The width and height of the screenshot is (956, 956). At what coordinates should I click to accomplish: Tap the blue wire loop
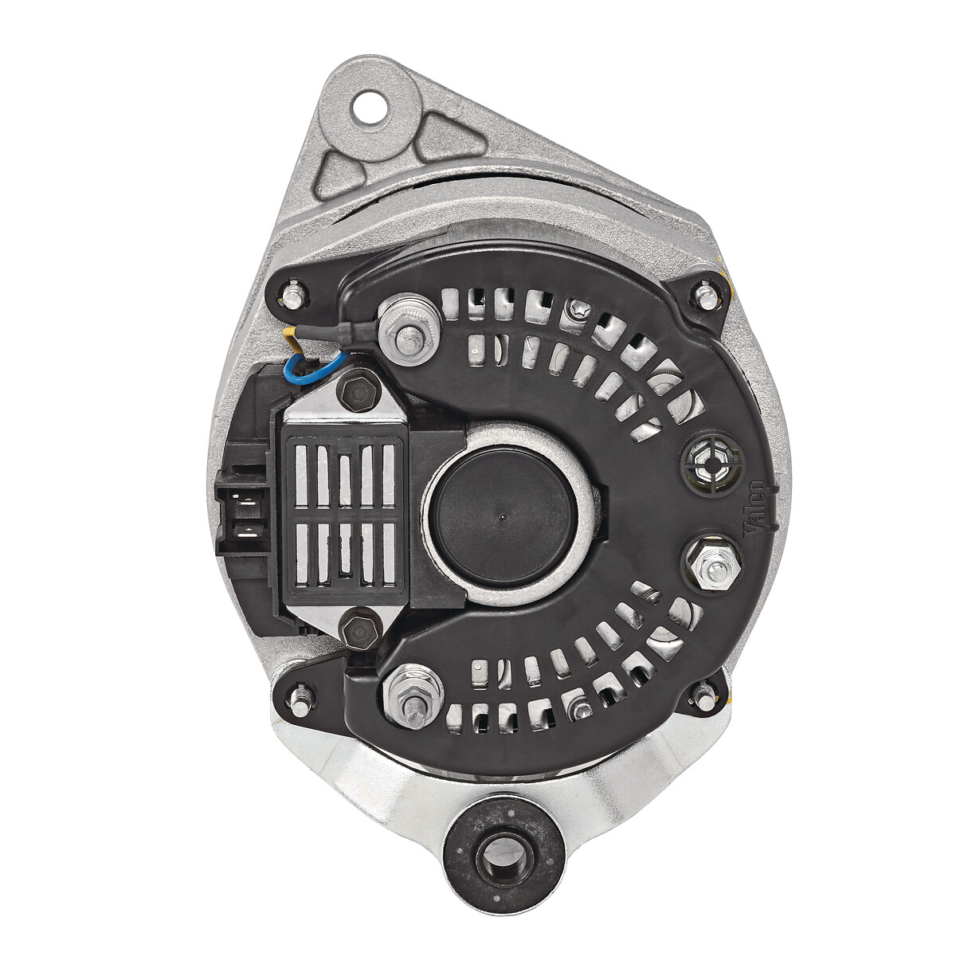coord(311,367)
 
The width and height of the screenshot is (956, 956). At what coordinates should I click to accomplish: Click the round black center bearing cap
coord(506,515)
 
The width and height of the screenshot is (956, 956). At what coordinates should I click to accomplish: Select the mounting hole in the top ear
coord(369,106)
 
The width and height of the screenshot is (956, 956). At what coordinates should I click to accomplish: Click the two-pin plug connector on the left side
coord(243,515)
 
